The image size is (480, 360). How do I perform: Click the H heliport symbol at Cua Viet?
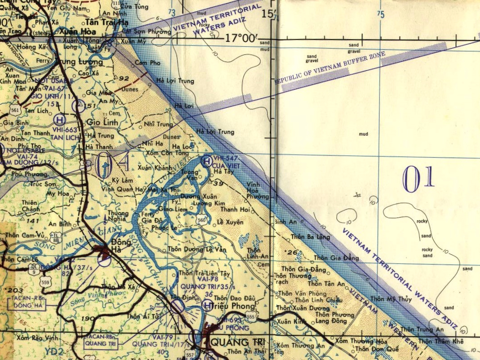point(207,161)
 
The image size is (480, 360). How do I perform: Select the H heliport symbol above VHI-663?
point(59,120)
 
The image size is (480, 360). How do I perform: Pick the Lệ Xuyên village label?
point(230,222)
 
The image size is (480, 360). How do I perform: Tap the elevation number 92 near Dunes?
point(124,78)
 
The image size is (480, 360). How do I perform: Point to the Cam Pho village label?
point(147,63)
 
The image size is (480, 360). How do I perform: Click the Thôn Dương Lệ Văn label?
point(197,249)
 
